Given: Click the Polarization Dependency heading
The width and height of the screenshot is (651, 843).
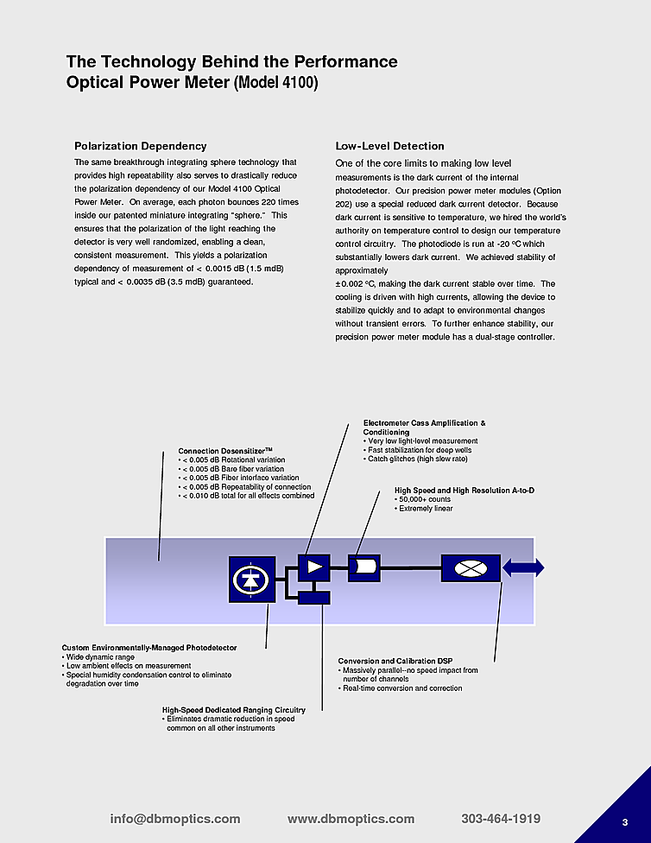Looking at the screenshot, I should (140, 146).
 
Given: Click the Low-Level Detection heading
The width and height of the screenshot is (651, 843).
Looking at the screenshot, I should (389, 146).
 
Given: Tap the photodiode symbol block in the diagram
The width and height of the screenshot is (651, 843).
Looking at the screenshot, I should (251, 579).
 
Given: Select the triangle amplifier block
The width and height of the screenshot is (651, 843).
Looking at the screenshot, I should (314, 567).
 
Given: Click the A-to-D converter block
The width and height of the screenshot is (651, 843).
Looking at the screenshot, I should (363, 567).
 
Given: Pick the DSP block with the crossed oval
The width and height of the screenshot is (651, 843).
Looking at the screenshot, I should (471, 567).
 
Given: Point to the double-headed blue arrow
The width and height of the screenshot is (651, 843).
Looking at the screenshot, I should (523, 567).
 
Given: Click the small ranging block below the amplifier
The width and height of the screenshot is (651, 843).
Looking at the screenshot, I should (314, 596).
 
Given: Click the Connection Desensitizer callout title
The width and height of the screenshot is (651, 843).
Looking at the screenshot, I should (224, 451).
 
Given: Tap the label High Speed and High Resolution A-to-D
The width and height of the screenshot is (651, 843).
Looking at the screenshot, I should (464, 491).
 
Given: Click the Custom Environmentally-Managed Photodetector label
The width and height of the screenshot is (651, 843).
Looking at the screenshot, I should (149, 648).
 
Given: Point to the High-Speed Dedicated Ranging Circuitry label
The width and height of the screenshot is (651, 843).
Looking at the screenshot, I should (233, 710).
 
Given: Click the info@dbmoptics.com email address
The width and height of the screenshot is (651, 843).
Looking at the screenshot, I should (175, 819).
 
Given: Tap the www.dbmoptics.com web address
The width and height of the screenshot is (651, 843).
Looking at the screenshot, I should (351, 819).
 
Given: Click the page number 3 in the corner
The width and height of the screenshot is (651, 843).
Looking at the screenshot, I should (625, 821).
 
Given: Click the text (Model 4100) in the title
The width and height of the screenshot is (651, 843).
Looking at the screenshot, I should (275, 84).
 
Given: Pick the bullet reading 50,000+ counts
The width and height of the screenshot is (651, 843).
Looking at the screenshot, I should (424, 500).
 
